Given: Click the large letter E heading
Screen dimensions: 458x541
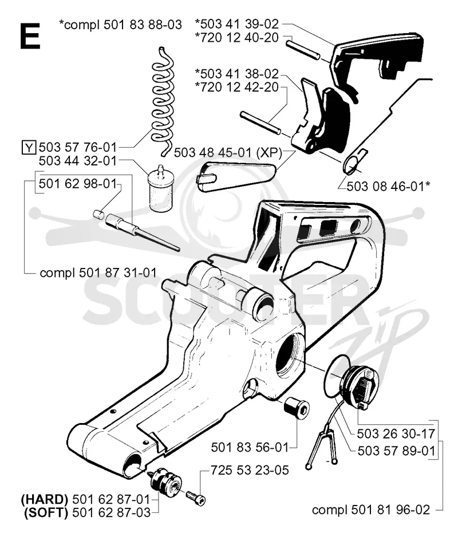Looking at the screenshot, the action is pos(30,36).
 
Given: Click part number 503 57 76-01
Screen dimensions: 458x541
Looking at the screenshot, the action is pos(78,147).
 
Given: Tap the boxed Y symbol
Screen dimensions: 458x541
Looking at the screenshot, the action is pos(29,148).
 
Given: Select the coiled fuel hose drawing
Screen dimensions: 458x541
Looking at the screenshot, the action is pos(162,101).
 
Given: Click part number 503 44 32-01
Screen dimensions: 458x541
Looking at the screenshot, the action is pos(78,161).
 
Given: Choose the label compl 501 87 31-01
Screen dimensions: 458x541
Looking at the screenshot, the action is pos(98,273).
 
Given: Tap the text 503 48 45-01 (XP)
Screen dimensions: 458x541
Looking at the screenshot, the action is pos(228,152).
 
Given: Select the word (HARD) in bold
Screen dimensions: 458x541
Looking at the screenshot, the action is pos(45,499).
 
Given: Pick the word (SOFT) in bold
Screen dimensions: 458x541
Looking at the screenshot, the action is pos(46,513).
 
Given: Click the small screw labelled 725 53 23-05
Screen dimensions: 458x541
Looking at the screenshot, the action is pos(196,497).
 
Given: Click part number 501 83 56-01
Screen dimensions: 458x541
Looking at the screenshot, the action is pos(250,448).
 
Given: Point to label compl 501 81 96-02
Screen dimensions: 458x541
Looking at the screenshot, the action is pos(371,510).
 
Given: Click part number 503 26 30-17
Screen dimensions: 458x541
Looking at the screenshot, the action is pos(396,434).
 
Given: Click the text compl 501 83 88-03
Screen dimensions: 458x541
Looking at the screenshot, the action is pos(120,25).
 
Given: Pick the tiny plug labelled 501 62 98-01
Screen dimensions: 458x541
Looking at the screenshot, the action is pos(98,214).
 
